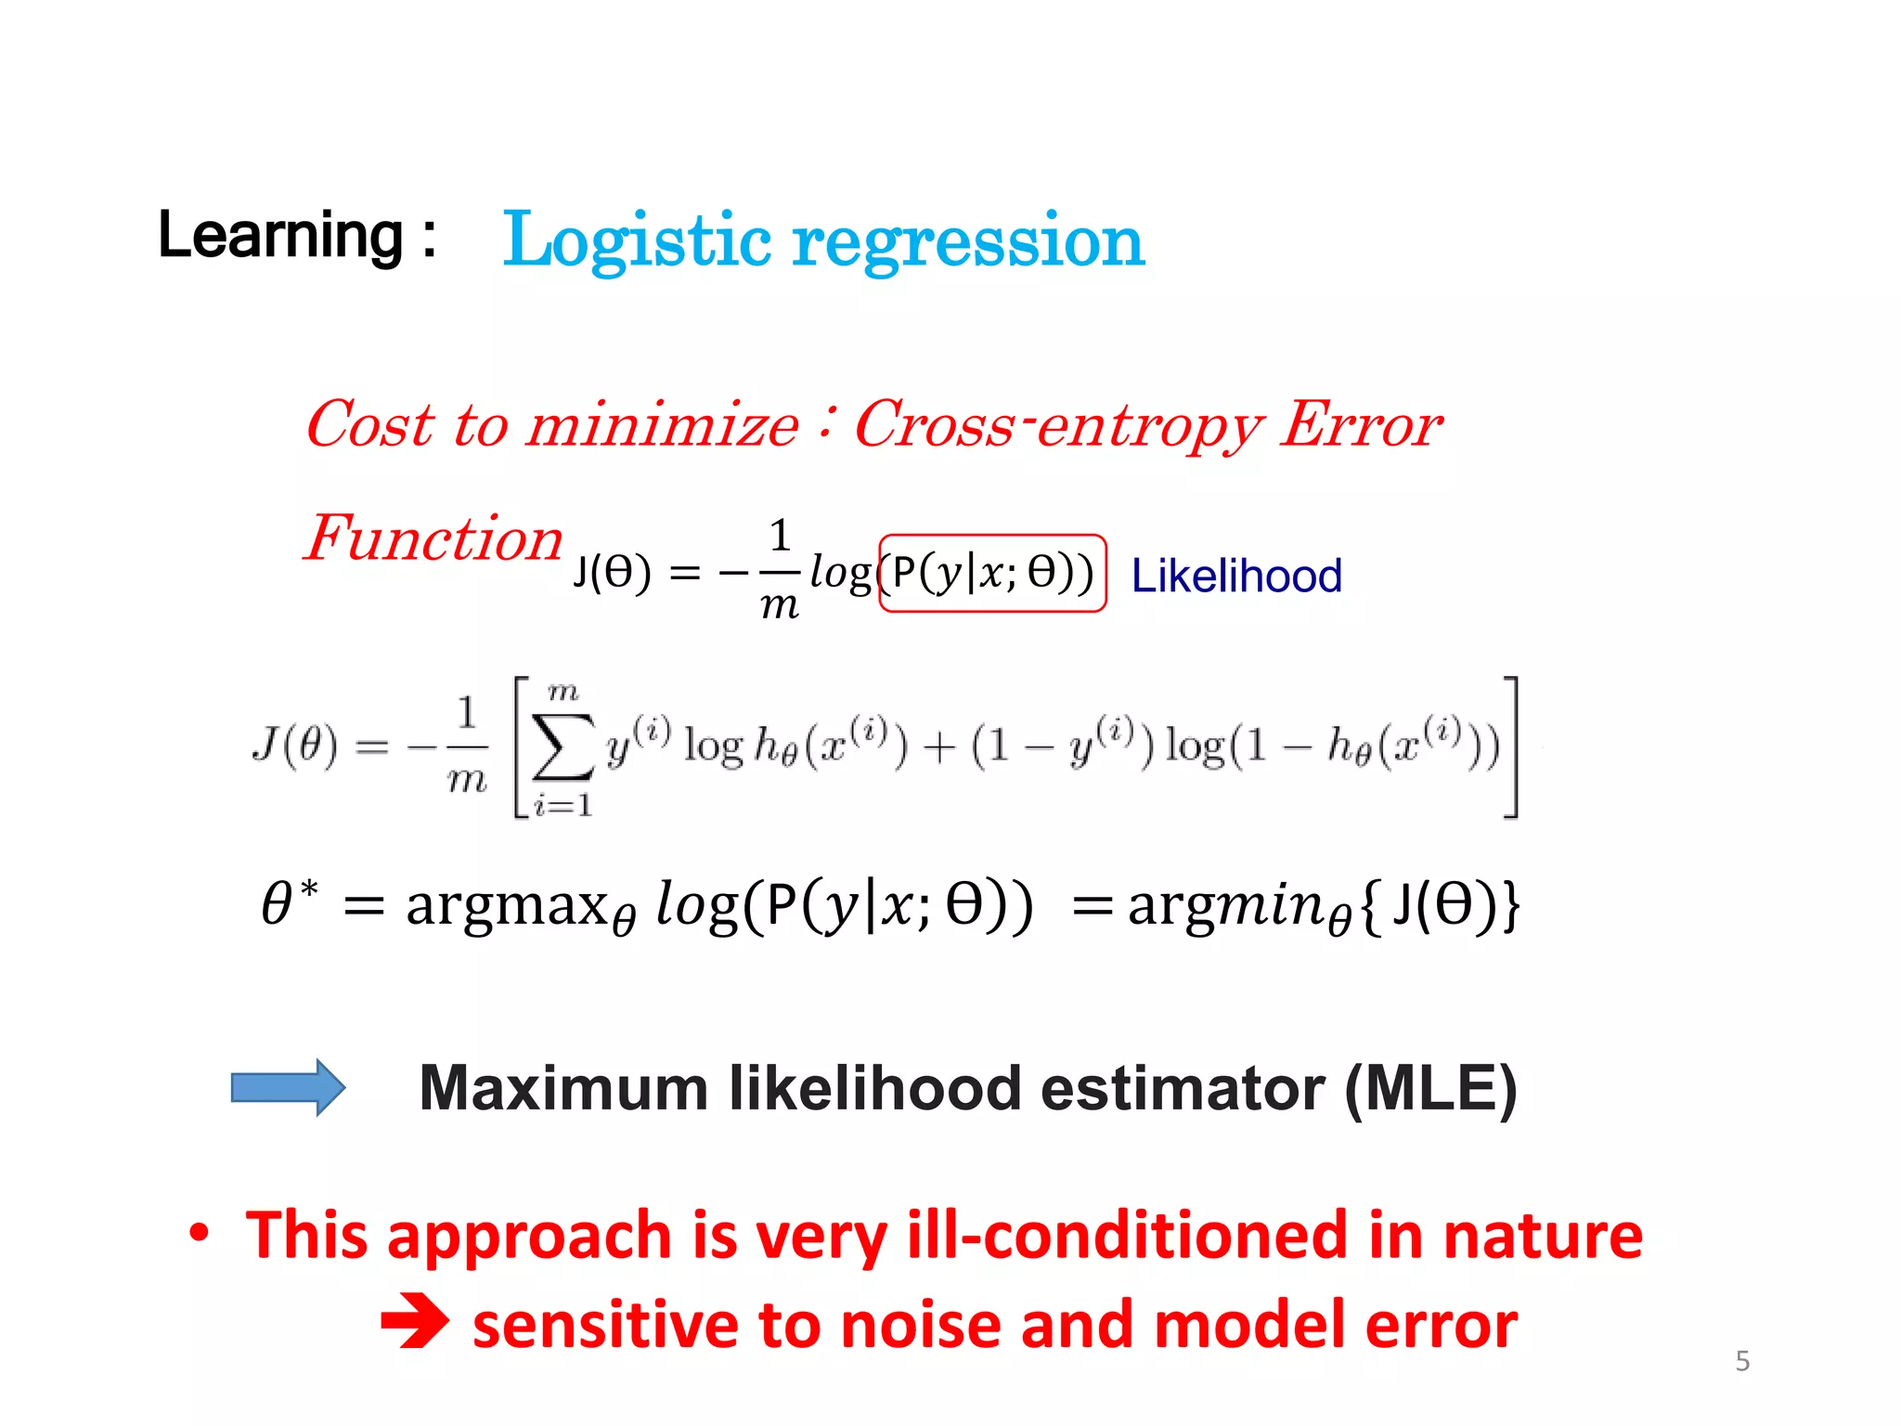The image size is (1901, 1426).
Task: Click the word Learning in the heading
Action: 280,236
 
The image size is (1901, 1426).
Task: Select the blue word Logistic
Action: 636,241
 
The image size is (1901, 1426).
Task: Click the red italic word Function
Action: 433,538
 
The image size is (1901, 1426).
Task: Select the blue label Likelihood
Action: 1235,576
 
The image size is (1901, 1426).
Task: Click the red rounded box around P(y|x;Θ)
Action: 991,573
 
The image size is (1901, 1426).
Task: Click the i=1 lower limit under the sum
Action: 563,804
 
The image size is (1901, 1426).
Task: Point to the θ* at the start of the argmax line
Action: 288,902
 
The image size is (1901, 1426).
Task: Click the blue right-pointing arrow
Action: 288,1086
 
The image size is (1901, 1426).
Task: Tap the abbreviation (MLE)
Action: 1429,1088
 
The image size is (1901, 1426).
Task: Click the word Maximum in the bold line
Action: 563,1088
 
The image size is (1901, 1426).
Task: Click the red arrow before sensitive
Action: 415,1323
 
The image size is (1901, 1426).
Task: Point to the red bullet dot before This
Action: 199,1234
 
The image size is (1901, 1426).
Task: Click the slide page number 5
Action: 1742,1361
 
